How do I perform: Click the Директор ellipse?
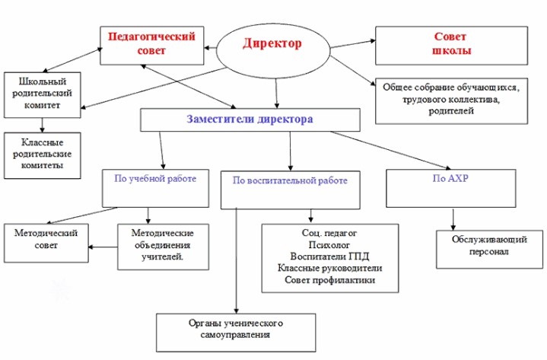coord(272,43)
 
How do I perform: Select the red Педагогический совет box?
coord(152,43)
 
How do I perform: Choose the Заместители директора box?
coord(250,119)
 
